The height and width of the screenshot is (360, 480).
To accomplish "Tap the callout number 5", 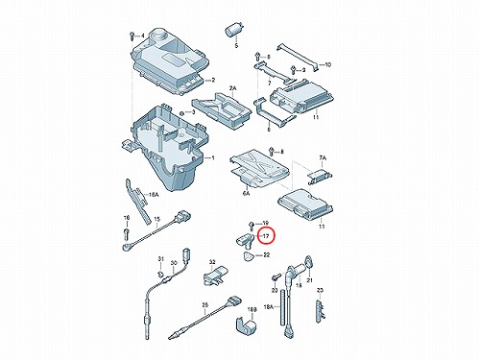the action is click(236, 46).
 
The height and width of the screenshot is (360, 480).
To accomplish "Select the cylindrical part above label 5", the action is click(234, 31).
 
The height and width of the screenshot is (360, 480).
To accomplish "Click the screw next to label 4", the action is click(132, 36).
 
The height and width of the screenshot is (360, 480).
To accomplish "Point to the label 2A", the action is click(232, 88).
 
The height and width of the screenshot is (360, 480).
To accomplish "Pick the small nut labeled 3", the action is click(181, 113).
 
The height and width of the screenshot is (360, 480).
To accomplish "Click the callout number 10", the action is click(327, 64).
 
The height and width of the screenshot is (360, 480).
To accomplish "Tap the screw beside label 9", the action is click(293, 70).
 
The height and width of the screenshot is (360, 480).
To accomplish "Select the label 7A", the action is click(323, 157).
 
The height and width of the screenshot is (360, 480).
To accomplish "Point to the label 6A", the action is click(246, 193).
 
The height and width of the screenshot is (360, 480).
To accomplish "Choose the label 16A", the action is click(154, 194).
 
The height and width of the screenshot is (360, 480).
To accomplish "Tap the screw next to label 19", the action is click(252, 225).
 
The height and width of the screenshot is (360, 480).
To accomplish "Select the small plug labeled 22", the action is click(249, 255).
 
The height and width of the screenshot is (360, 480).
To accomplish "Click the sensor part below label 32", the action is click(215, 275).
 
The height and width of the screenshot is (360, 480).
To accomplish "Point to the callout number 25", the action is click(205, 305).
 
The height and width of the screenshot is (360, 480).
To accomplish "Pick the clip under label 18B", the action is click(247, 325).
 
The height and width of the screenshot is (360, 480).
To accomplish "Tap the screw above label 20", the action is click(276, 276).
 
